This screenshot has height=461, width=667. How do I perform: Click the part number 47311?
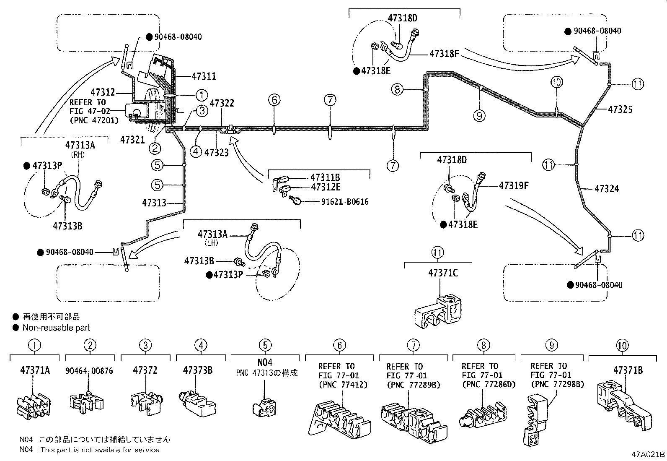point(204,76)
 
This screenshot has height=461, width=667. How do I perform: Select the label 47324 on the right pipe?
point(607,189)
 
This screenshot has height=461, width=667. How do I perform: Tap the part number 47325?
point(620,109)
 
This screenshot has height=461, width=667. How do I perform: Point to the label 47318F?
point(444,54)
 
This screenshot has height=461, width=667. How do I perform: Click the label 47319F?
point(513,185)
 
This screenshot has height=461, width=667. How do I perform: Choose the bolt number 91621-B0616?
point(345,202)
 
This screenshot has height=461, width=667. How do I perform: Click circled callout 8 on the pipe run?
point(398,89)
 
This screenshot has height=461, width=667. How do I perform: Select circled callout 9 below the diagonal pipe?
point(480,115)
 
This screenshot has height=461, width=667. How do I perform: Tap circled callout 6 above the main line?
point(274,100)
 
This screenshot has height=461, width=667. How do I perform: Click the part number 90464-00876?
point(89,371)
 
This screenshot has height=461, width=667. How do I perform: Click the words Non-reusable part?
point(56,328)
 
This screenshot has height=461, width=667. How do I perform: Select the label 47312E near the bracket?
point(326,187)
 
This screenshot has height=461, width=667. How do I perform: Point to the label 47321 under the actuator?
point(132,140)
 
